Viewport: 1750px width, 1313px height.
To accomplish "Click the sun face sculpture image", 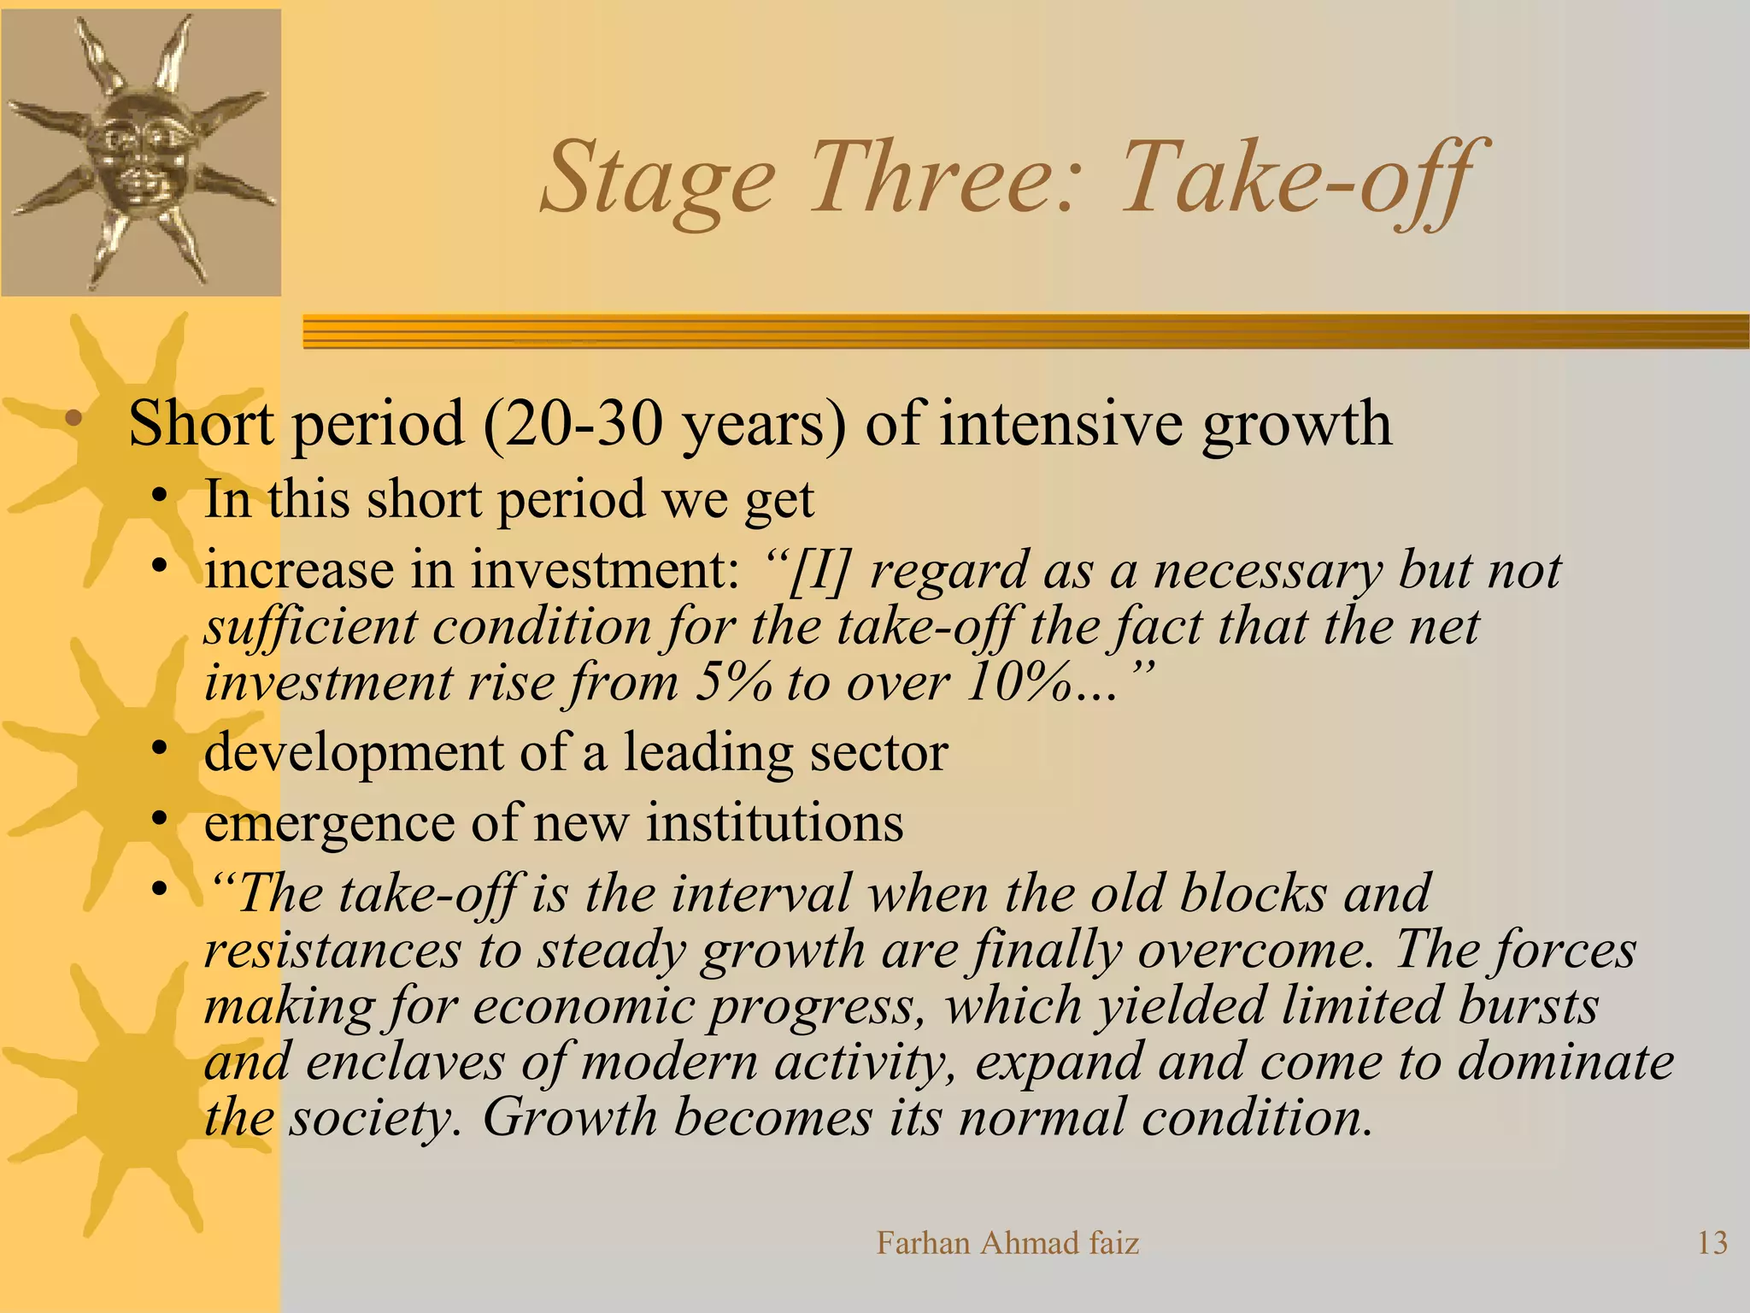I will point(141,152).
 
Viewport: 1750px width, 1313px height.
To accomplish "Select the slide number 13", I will point(1712,1243).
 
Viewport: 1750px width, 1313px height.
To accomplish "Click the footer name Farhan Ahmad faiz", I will point(1007,1243).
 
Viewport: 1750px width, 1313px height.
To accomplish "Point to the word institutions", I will point(774,824).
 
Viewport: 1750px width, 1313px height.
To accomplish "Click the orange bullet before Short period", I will point(74,419).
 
